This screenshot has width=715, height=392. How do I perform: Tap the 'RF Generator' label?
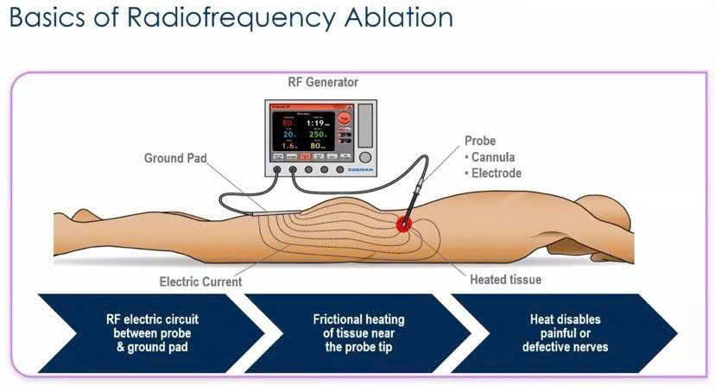tap(322, 83)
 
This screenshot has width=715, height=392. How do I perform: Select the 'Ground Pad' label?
tap(176, 158)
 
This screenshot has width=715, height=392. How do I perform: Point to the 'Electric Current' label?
tap(200, 281)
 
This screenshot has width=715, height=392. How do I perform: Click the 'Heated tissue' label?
tap(505, 280)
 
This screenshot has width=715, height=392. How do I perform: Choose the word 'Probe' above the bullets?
tap(480, 141)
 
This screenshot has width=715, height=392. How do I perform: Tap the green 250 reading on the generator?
tap(317, 135)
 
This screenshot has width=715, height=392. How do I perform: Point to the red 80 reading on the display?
tap(288, 123)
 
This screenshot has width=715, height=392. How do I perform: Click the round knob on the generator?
tap(365, 158)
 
